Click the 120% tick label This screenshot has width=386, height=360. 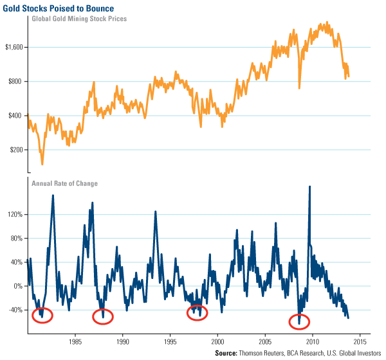coord(15,215)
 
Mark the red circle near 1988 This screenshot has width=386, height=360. coord(103,316)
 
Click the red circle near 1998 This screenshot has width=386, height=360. coord(198,313)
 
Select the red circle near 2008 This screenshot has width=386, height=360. coord(299,321)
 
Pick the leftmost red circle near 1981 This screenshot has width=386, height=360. coord(42,315)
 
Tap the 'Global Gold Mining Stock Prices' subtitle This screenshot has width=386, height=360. coord(79,19)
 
